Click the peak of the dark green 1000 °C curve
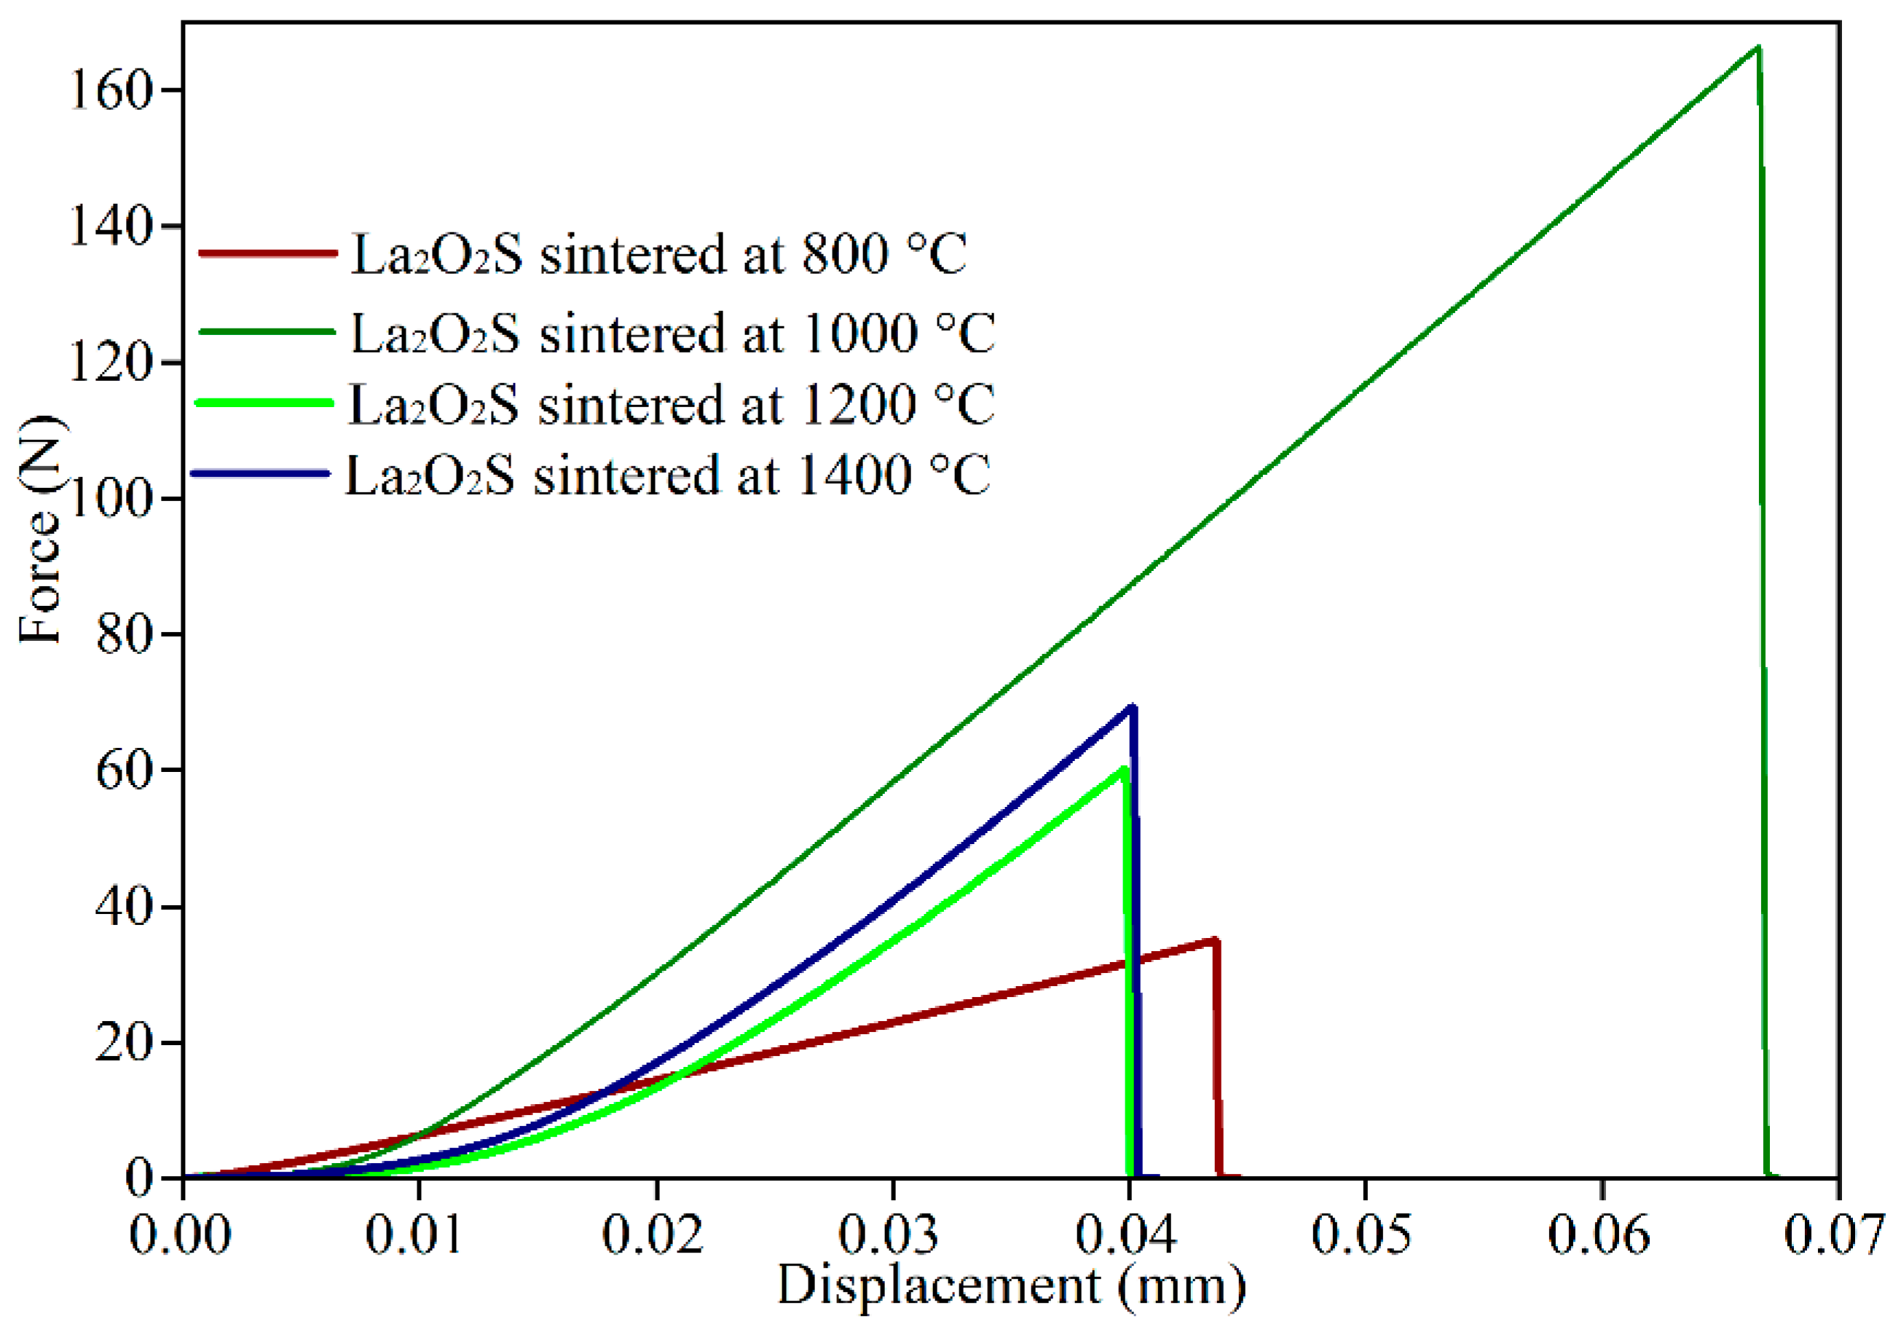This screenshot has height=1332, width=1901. [x=1758, y=47]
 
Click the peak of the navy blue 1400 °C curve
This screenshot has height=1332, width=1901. [x=1132, y=706]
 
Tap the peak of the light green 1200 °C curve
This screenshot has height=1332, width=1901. [x=1122, y=769]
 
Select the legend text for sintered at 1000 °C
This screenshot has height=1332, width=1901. [x=673, y=334]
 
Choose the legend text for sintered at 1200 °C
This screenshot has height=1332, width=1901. [x=672, y=405]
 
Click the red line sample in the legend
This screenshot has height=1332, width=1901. [x=268, y=253]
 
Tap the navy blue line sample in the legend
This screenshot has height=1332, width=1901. [x=261, y=473]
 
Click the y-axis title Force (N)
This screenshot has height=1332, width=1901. [x=40, y=531]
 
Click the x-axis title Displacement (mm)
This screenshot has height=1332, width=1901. [x=1011, y=1285]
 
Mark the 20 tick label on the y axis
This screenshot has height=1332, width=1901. [x=125, y=1042]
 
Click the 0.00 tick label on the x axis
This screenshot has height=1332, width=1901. [x=180, y=1235]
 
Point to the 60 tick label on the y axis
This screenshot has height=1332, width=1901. [x=125, y=771]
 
